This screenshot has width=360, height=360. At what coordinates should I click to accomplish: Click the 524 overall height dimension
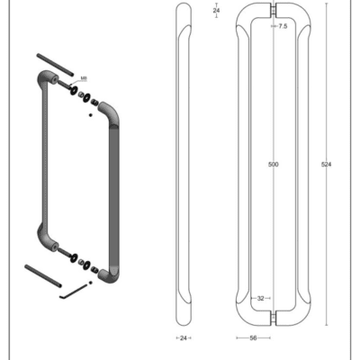point(326,165)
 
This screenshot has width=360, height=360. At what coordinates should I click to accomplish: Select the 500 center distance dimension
point(274,165)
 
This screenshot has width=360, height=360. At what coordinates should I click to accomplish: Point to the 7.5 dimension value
point(283,26)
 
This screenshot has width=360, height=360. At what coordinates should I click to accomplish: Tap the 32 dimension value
point(260,298)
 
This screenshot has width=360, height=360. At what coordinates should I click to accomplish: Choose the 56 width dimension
point(253,338)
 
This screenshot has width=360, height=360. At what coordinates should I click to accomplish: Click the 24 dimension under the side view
point(184,338)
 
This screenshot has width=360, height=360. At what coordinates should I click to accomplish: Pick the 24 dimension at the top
point(216,11)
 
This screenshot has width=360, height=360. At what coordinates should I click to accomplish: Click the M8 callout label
point(84,78)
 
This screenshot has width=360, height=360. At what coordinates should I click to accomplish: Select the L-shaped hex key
point(75,292)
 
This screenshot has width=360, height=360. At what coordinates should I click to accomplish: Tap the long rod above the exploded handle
point(55,64)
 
